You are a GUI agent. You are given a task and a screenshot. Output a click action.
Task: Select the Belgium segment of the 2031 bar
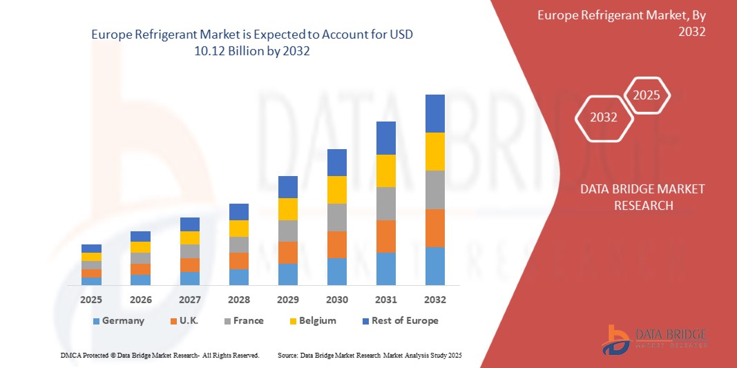click(x=385, y=171)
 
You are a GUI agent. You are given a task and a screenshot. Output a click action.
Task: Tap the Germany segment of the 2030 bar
click(x=336, y=271)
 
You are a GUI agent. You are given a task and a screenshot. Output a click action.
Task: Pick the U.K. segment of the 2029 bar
click(x=287, y=252)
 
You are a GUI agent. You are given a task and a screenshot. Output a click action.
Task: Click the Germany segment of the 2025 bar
click(x=91, y=281)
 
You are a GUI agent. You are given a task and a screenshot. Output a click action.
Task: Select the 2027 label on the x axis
click(x=189, y=300)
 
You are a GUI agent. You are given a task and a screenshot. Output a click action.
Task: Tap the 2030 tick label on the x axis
click(x=336, y=300)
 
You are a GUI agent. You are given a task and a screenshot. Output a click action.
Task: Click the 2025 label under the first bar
click(x=91, y=300)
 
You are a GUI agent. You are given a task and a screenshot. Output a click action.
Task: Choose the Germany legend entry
click(x=118, y=320)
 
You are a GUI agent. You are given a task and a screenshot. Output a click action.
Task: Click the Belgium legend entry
click(x=312, y=320)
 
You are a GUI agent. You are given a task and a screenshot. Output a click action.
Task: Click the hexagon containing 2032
click(x=604, y=117)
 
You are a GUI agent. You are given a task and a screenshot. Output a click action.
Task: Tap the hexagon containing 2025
click(x=647, y=95)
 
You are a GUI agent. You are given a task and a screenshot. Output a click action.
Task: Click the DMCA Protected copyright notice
click(x=160, y=355)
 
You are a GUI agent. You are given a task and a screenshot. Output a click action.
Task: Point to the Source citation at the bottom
click(x=369, y=355)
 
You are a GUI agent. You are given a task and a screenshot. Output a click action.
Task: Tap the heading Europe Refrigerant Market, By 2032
click(x=622, y=23)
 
